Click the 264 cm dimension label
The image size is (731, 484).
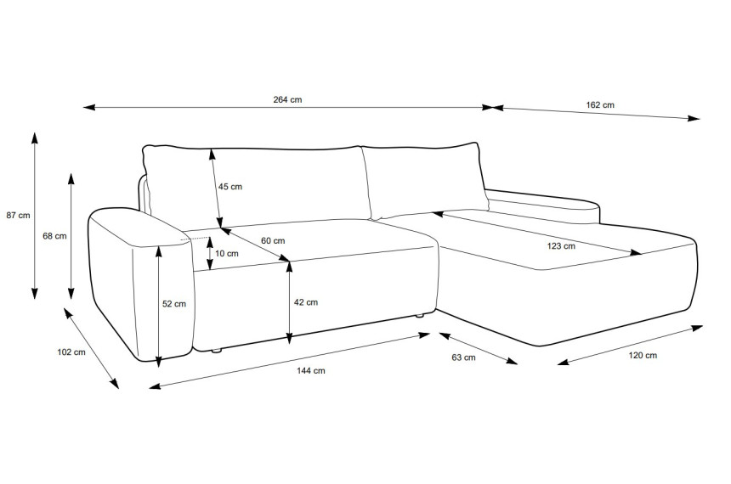point(287,99)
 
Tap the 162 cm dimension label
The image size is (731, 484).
point(600,104)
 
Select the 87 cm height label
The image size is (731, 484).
point(18,215)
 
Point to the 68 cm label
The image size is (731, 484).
point(54,236)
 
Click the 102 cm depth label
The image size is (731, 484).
point(71,352)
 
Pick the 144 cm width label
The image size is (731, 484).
point(311,371)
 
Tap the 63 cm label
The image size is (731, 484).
point(464,357)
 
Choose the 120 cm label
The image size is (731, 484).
point(643,356)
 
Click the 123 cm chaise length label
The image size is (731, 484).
point(561,246)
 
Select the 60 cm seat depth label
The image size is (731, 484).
point(273,241)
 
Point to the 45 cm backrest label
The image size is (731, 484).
point(230,187)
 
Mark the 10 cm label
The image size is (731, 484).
point(227,253)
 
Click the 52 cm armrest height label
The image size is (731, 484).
point(174,304)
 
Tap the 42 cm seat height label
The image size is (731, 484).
point(306,302)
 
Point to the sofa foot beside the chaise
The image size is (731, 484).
point(420,316)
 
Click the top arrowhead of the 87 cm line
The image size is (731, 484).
point(34,138)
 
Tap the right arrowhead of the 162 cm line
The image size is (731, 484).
point(694,118)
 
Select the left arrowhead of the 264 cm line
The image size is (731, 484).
point(89,107)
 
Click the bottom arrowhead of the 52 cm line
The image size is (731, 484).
point(158,362)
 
